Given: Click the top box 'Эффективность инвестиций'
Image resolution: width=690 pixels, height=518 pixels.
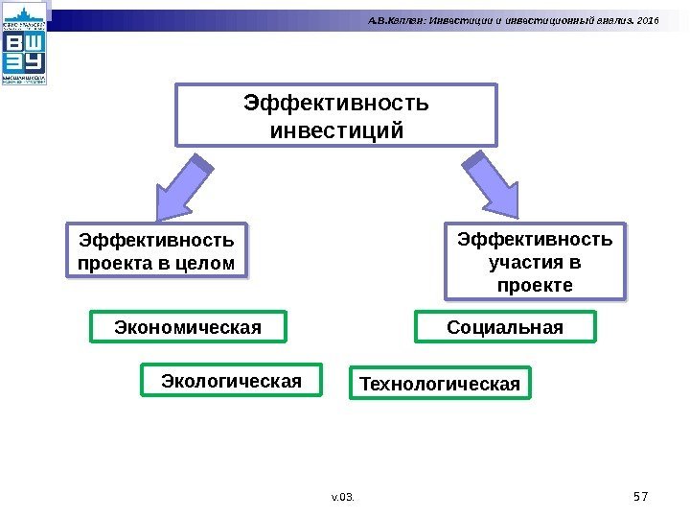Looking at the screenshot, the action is tap(335, 114).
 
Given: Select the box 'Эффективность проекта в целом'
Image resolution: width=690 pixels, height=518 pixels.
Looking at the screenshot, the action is tap(155, 249).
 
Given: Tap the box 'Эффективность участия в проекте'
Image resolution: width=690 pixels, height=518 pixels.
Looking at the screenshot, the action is tap(535, 261).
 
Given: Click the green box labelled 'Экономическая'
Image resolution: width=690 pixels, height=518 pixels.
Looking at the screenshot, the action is tap(188, 327).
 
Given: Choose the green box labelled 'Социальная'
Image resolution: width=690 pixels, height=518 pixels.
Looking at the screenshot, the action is tap(505, 327).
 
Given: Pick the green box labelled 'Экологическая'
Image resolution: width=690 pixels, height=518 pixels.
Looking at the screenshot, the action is tap(231, 380).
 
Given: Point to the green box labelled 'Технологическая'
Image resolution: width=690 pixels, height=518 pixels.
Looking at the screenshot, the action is tap(440, 384).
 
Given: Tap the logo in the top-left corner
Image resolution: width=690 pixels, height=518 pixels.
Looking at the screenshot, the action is tap(26, 45).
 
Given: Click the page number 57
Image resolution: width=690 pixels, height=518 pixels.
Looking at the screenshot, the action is tap(641, 496).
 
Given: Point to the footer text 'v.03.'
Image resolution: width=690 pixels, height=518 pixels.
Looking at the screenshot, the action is tap(341, 497).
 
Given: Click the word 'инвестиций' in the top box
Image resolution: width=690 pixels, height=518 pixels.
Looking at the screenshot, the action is tap(335, 129).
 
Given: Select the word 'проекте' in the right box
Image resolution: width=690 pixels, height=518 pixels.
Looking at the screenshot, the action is tap(535, 286).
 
